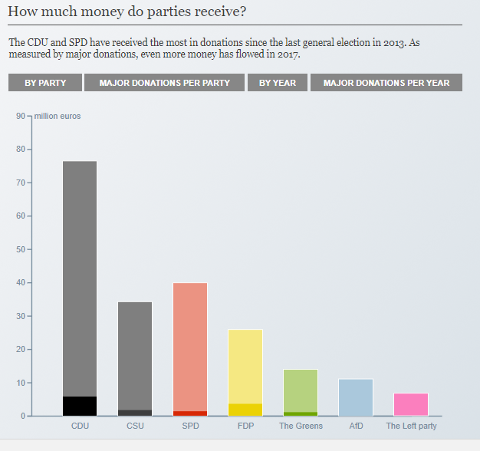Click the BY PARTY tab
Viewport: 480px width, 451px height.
[45, 83]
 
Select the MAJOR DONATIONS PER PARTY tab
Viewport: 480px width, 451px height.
[164, 83]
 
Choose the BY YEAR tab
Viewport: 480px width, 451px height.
[278, 83]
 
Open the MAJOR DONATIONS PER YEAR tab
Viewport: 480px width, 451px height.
[386, 83]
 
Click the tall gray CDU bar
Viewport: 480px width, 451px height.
[80, 276]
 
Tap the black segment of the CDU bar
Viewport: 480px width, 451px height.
[80, 407]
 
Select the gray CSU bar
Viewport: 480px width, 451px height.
[135, 353]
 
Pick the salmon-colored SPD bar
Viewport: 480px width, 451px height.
[190, 345]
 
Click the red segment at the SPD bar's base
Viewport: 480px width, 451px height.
[190, 413]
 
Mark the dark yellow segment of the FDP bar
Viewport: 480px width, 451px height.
[245, 410]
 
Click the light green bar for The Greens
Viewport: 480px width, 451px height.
[301, 390]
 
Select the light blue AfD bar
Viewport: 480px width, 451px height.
[356, 397]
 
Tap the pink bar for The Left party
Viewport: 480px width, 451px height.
[411, 404]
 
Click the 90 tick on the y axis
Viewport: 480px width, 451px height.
[20, 116]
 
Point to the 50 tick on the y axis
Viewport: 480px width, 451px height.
[20, 249]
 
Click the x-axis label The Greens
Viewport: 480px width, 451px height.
[301, 426]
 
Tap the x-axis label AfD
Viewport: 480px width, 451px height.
[356, 426]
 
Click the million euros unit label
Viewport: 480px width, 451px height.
[58, 116]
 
